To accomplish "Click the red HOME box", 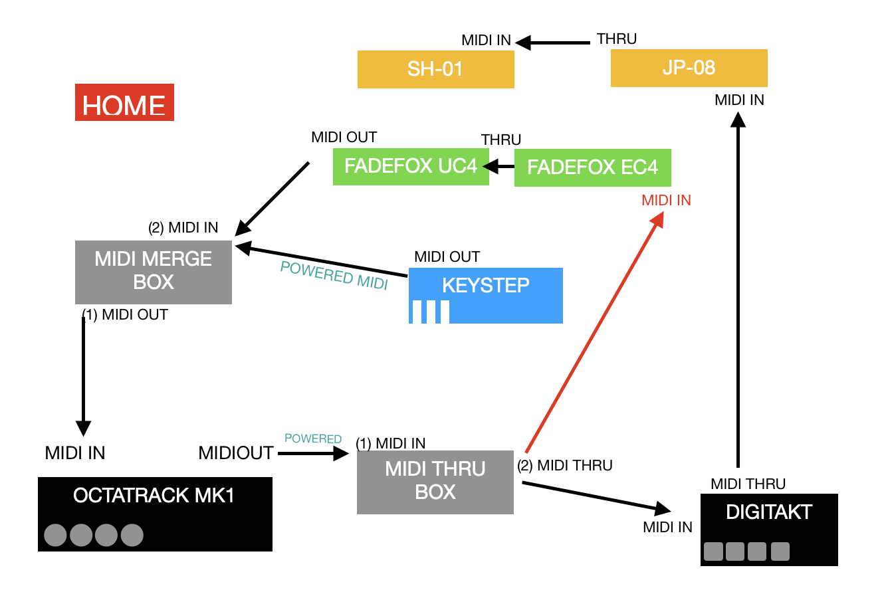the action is click(x=124, y=102).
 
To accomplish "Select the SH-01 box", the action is click(x=435, y=69).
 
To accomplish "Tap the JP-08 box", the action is click(x=689, y=68).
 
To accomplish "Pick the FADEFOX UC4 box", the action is click(x=411, y=167).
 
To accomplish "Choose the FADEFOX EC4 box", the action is click(x=593, y=167).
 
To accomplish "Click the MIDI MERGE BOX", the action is click(x=154, y=272).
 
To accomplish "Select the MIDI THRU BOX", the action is click(x=435, y=482).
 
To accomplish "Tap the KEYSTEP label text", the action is click(x=486, y=285).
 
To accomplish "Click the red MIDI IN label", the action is click(x=667, y=200).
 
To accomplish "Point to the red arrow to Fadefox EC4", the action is click(x=594, y=332).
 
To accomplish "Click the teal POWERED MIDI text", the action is click(x=334, y=276).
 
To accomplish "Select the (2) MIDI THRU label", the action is click(x=565, y=465).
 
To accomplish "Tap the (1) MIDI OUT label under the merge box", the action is click(x=125, y=315).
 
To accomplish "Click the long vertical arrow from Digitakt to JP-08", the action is click(x=738, y=290).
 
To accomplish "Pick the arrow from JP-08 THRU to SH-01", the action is click(x=552, y=43).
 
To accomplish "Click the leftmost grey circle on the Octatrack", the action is click(x=56, y=535).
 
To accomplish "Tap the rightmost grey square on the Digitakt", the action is click(x=780, y=552).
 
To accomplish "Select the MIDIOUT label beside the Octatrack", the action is click(x=236, y=452).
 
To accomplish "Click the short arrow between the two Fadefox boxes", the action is click(x=499, y=167).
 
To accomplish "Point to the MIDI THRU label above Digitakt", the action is click(x=748, y=484).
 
